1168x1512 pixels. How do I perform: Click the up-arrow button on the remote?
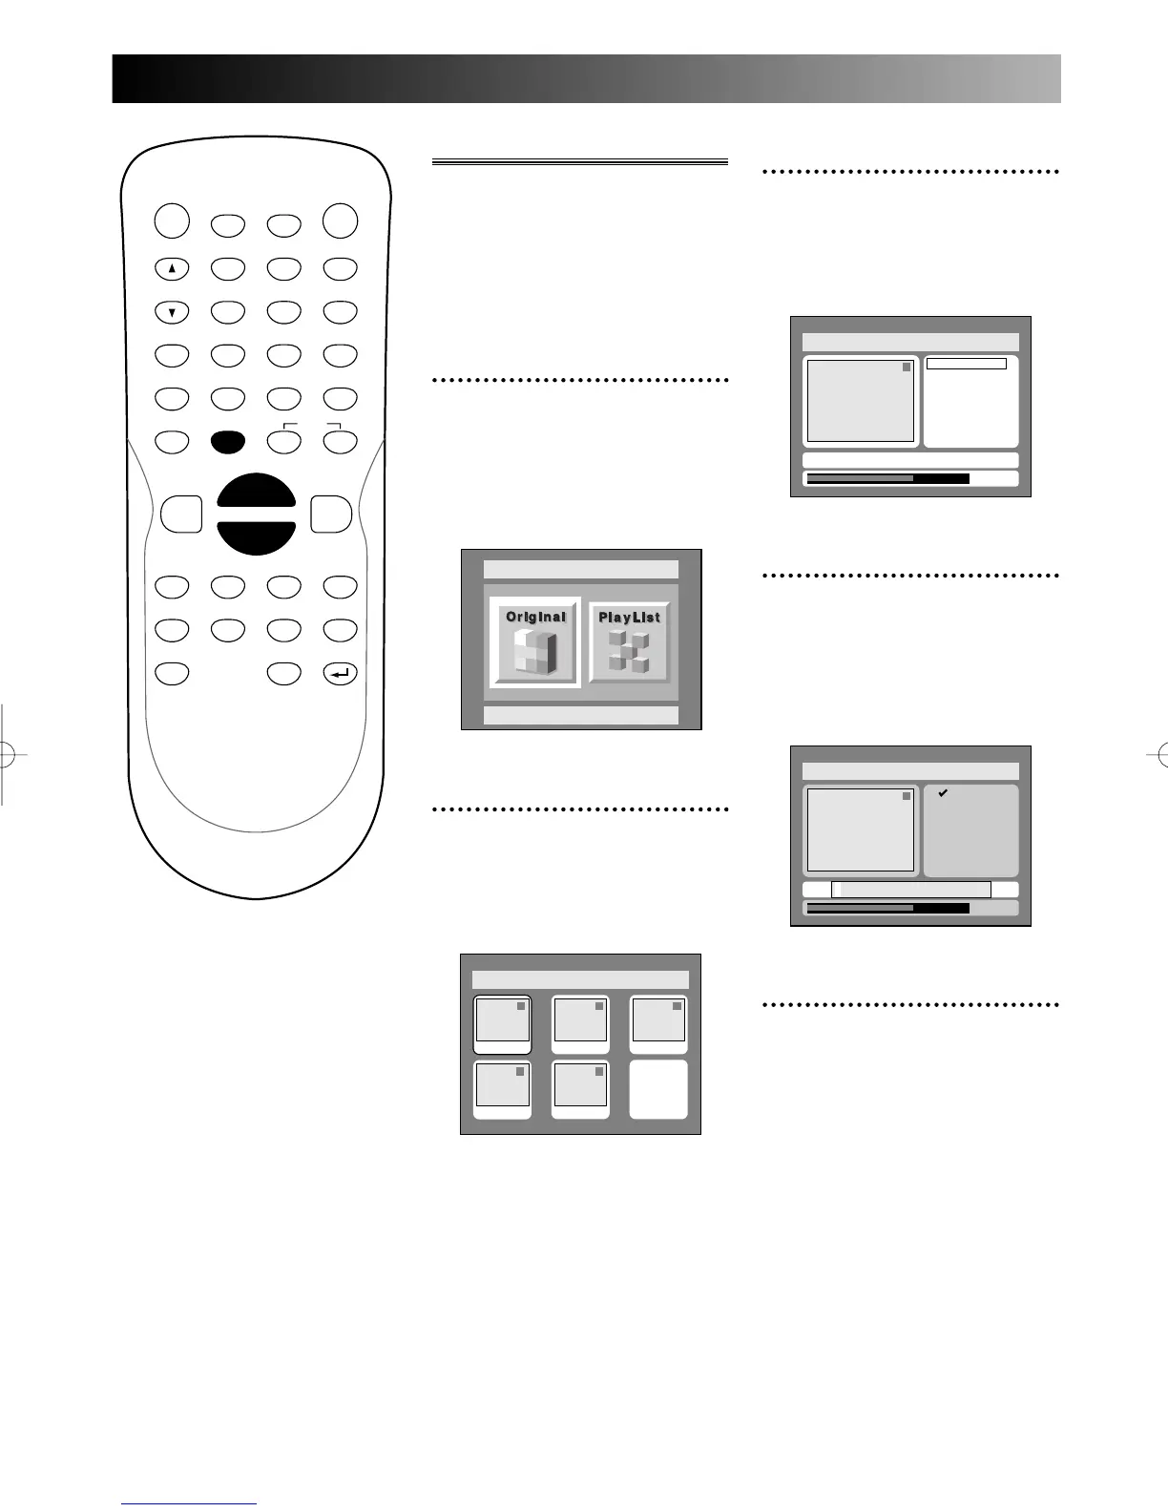coord(172,269)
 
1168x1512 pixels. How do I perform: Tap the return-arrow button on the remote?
coord(341,674)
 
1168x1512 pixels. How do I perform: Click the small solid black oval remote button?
coord(228,442)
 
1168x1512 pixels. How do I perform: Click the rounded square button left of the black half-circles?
coord(181,514)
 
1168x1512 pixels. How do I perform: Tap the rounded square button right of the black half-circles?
coord(331,514)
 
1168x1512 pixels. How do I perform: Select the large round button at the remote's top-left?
coord(172,221)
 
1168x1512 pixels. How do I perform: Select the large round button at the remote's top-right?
coord(341,221)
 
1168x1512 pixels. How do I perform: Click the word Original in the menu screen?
coord(535,617)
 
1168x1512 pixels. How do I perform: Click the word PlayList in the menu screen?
coord(629,618)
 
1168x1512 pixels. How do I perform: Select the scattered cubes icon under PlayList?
coord(629,651)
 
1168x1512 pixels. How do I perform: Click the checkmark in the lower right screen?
coord(943,793)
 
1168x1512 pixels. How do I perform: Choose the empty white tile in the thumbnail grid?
coord(658,1088)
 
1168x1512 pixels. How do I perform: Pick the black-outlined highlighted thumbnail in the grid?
coord(503,1024)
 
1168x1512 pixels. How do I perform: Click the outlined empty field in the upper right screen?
coord(967,364)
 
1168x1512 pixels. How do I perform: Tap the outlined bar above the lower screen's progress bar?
coord(911,890)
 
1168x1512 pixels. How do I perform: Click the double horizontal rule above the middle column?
coord(579,162)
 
